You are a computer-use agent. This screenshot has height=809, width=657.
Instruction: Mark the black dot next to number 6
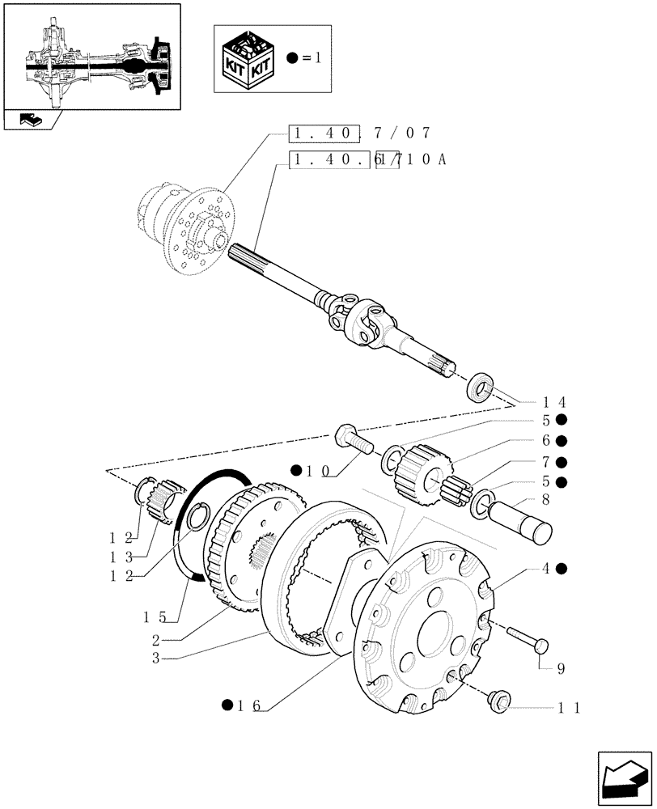pos(561,441)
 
